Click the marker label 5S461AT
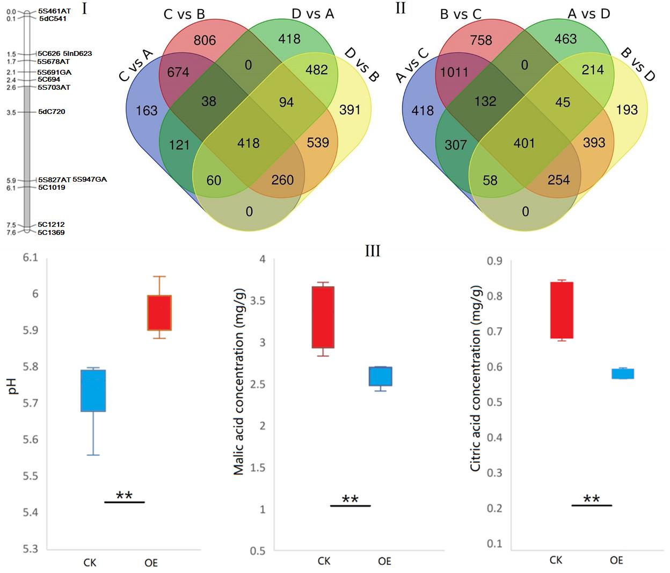pos(54,11)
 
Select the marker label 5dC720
pos(52,112)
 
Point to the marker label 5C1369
pos(51,233)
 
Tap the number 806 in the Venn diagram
pos(205,40)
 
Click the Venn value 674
pos(178,72)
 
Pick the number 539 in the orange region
pos(318,142)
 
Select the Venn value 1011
pos(454,72)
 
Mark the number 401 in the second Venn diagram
pos(524,143)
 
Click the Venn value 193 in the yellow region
pos(627,110)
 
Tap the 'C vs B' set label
pos(184,15)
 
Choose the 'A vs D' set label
pos(589,14)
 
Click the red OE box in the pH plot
pos(159,312)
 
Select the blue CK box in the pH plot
pos(93,390)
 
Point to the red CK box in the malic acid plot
pos(323,317)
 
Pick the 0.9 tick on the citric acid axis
pos(494,261)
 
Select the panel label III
pos(373,251)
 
